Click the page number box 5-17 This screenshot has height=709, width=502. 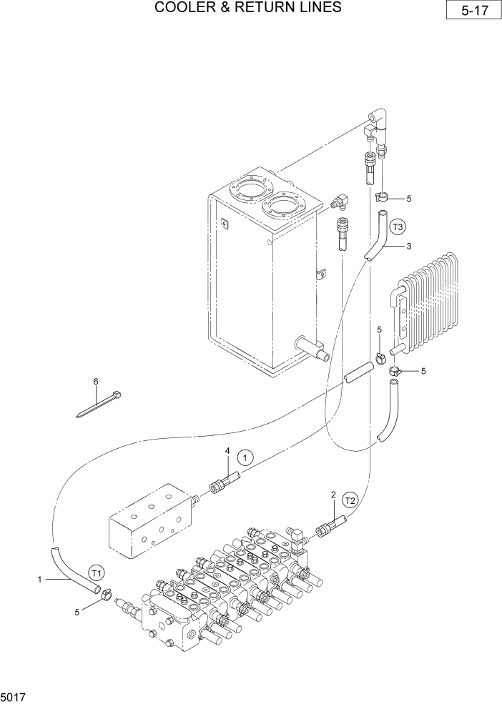(472, 12)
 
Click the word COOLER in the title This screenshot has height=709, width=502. (188, 8)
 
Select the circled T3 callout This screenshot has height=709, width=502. (398, 227)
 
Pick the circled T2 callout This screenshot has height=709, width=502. (350, 500)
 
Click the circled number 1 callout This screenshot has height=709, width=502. (245, 457)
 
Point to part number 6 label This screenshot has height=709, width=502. (95, 382)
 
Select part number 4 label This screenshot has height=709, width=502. (227, 451)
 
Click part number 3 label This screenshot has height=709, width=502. (408, 247)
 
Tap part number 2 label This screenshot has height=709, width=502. (333, 495)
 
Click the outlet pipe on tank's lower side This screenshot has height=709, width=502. (313, 349)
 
